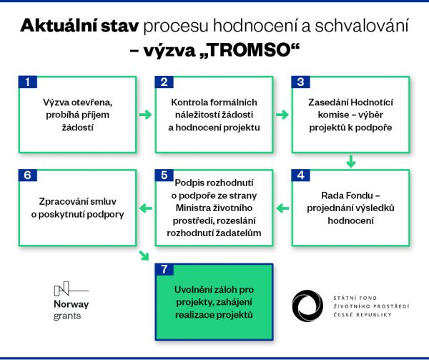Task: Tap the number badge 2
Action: [164, 82]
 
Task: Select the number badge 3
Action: [300, 82]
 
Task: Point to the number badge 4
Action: [300, 175]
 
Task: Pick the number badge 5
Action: [164, 175]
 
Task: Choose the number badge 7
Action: [164, 270]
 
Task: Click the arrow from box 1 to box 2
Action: [145, 115]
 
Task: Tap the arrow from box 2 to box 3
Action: [282, 115]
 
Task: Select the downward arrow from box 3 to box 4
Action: [350, 161]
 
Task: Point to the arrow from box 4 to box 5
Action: [282, 209]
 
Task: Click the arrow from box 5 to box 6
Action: [145, 209]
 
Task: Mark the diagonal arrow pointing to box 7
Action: [145, 256]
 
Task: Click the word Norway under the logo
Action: [71, 304]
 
